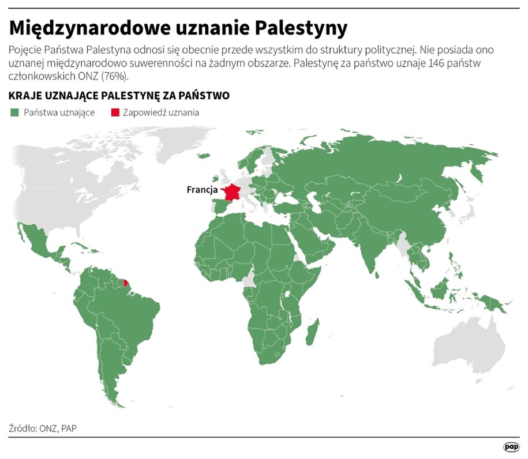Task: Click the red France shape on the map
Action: (233, 193)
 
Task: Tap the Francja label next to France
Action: (202, 189)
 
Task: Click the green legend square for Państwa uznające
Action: (14, 112)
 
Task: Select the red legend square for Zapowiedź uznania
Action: (115, 112)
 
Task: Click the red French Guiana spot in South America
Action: (126, 283)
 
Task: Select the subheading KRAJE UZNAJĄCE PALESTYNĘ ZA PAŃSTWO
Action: (119, 95)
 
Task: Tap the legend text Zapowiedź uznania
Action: (160, 112)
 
